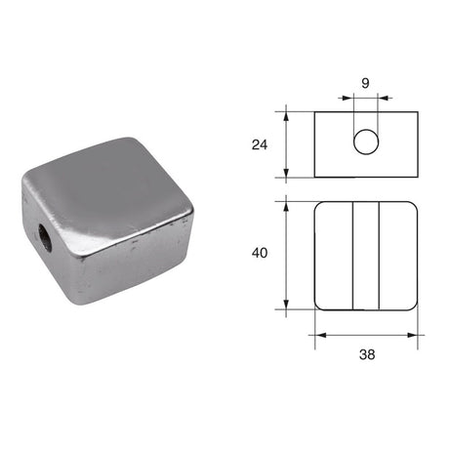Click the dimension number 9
click(x=366, y=84)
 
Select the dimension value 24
click(x=259, y=144)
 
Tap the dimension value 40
click(x=259, y=254)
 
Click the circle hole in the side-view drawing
click(x=366, y=143)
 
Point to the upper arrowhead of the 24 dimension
click(x=286, y=115)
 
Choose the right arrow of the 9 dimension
click(x=384, y=98)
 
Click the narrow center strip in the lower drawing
click(x=366, y=255)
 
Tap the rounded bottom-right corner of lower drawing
click(x=415, y=306)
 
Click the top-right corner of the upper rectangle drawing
click(x=418, y=111)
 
